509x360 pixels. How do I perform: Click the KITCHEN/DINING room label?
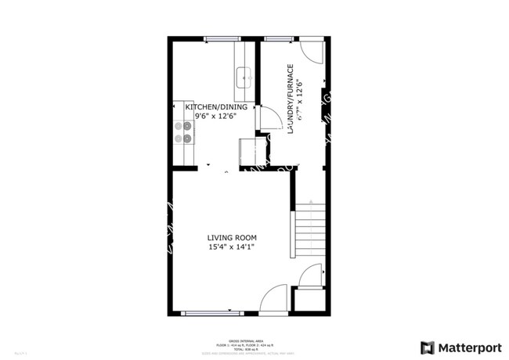click(x=216, y=107)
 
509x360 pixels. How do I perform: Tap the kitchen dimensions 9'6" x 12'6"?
click(x=215, y=117)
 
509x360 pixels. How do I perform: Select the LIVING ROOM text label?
click(x=232, y=238)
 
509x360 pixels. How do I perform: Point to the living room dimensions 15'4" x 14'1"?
click(x=232, y=247)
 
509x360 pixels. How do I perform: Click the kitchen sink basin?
click(x=244, y=77)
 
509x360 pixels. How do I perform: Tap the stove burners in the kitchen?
click(x=182, y=132)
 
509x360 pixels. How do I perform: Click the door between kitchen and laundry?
click(x=269, y=118)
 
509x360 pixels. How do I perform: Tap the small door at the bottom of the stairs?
click(x=311, y=275)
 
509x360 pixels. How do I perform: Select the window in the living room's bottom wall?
click(x=211, y=313)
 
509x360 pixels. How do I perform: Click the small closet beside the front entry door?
click(x=307, y=300)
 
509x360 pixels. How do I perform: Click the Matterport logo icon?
click(x=428, y=347)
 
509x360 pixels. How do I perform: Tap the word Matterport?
click(x=468, y=347)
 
